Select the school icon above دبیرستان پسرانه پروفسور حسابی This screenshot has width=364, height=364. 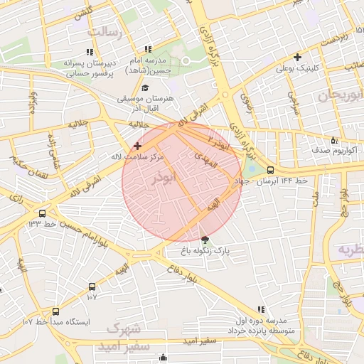coord(90,52)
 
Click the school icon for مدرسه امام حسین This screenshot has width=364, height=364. coord(147,49)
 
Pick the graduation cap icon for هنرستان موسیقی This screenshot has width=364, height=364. coord(145,88)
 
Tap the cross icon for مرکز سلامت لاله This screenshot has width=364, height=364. coord(137,145)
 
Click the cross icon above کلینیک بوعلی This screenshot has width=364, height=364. coord(297,57)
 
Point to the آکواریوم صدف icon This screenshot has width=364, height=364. coord(334,139)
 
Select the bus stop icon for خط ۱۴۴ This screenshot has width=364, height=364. coord(270,170)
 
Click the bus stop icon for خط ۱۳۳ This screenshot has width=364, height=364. coord(43,213)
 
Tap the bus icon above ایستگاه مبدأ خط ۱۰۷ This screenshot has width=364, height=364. coord(55,311)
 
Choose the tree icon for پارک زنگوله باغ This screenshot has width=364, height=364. coord(205,240)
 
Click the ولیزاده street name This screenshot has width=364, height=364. coord(31,107)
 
